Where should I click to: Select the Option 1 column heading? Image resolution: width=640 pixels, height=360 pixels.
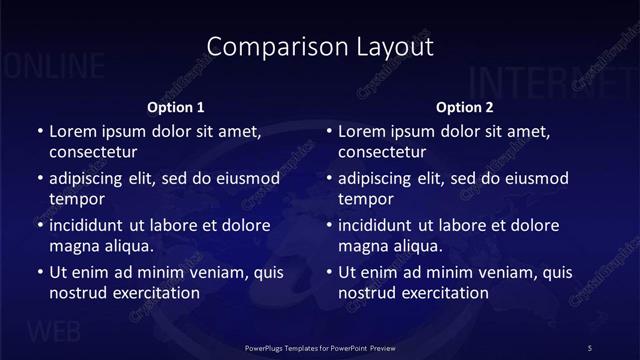point(176,107)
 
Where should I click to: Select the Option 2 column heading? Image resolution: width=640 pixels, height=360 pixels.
point(465,107)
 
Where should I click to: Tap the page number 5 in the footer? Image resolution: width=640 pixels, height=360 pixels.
point(590,347)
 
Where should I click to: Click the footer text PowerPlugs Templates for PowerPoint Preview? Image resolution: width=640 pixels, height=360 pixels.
point(320,347)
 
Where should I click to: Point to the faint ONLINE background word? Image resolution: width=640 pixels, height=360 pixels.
point(55,67)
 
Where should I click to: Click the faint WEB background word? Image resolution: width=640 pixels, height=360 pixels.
point(55,331)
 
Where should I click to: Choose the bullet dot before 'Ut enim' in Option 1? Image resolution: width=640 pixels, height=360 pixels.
point(39,272)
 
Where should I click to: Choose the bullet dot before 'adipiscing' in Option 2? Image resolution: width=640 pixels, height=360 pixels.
point(329,179)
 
